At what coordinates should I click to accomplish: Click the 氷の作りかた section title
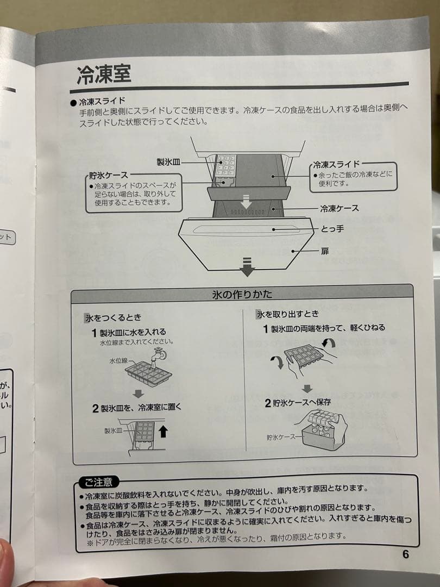242,294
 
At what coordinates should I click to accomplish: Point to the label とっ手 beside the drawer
332,229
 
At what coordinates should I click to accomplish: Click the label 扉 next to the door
324,252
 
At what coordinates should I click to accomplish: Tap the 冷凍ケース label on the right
339,208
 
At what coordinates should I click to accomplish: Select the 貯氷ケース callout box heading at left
109,175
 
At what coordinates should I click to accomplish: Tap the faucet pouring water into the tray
159,355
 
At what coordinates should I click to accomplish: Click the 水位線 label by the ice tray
118,361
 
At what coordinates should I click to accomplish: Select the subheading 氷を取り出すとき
287,314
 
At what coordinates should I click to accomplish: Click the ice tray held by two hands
304,356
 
